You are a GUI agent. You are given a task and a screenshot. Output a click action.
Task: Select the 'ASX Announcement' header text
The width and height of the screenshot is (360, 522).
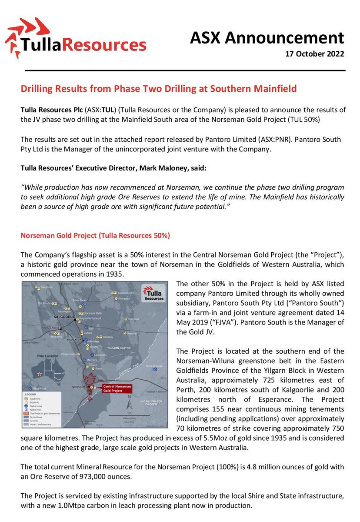pos(267,38)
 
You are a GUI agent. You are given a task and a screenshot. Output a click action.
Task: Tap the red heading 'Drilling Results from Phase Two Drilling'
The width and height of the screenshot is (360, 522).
pos(159,89)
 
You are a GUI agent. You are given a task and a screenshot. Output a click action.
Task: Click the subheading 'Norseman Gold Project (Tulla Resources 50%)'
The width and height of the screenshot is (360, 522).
pos(96,235)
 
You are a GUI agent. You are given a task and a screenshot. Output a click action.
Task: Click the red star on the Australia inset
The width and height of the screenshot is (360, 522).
pos(40,374)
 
